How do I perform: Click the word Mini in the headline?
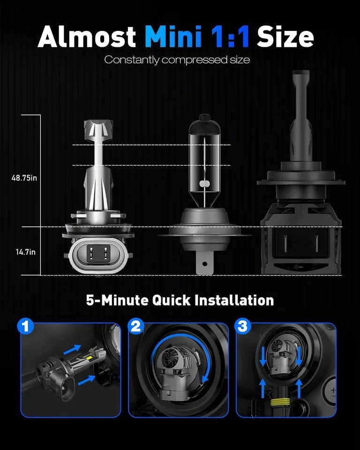point(173,37)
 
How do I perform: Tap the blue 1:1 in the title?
point(230,37)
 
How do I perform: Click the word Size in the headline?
point(285,37)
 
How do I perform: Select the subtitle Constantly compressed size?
point(177,60)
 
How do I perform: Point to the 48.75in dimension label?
point(24,178)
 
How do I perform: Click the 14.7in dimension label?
point(26,252)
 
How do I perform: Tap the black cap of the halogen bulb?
point(204,122)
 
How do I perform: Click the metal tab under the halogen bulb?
point(204,263)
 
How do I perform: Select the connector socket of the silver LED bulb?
point(98,253)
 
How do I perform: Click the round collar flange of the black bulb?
point(300,182)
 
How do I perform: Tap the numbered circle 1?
point(26,327)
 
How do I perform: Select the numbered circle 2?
point(136,326)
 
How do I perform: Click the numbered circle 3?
point(243,326)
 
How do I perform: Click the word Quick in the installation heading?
point(172,300)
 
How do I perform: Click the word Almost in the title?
point(87,37)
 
